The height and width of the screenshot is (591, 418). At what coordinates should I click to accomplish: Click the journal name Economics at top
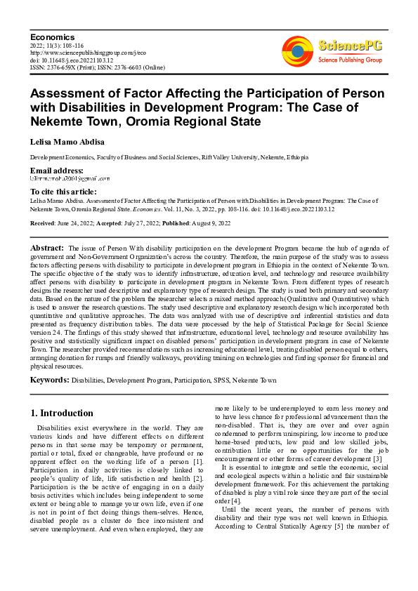(53, 36)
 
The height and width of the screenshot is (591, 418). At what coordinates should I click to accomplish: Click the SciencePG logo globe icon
(297, 51)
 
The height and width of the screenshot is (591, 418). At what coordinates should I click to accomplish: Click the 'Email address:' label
(57, 171)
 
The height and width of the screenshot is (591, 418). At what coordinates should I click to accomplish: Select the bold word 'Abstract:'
(48, 248)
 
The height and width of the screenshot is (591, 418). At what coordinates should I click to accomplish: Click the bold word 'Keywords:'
(49, 380)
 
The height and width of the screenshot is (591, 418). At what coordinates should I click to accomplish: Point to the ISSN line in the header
(98, 67)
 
